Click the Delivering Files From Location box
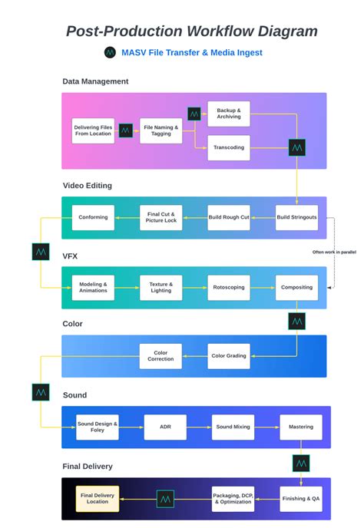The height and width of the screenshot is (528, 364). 94,130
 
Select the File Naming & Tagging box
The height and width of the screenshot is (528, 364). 161,130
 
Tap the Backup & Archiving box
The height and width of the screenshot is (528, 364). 229,114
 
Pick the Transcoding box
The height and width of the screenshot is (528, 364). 229,147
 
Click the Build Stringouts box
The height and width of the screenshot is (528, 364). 296,217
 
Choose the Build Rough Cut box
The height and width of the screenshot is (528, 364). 229,217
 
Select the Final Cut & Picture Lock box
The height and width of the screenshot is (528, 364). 161,217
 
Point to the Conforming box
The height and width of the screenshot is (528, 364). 94,217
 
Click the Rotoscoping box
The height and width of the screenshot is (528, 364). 229,288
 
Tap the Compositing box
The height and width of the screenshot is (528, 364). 296,288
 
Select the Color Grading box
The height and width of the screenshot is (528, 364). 229,356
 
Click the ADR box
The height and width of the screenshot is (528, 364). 165,427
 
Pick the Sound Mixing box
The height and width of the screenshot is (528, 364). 233,427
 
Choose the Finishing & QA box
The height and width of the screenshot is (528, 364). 301,499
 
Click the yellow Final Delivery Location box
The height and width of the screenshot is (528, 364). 98,499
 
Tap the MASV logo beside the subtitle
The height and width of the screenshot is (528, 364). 110,53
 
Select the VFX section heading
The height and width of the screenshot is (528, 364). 71,256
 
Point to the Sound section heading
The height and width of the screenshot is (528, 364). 74,395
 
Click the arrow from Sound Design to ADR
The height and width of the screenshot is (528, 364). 131,427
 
